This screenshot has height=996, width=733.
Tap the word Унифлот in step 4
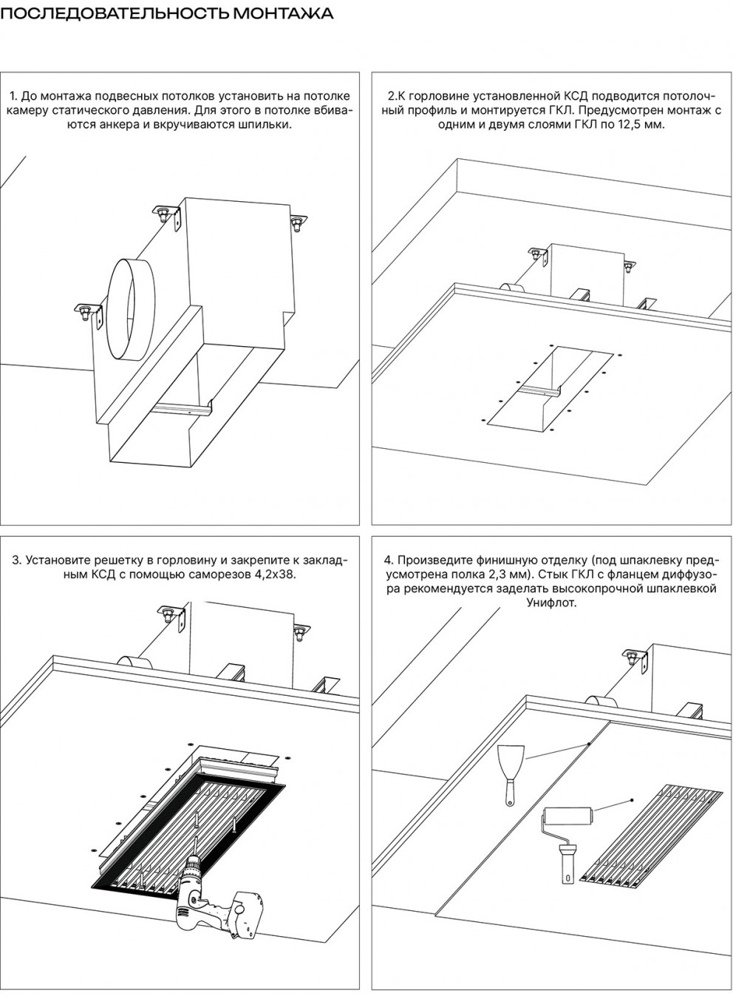point(550,602)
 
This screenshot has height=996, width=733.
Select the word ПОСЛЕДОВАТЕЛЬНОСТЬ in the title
point(115,14)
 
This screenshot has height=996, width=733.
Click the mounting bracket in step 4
point(635,660)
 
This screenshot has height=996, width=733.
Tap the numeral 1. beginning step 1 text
point(14,96)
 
